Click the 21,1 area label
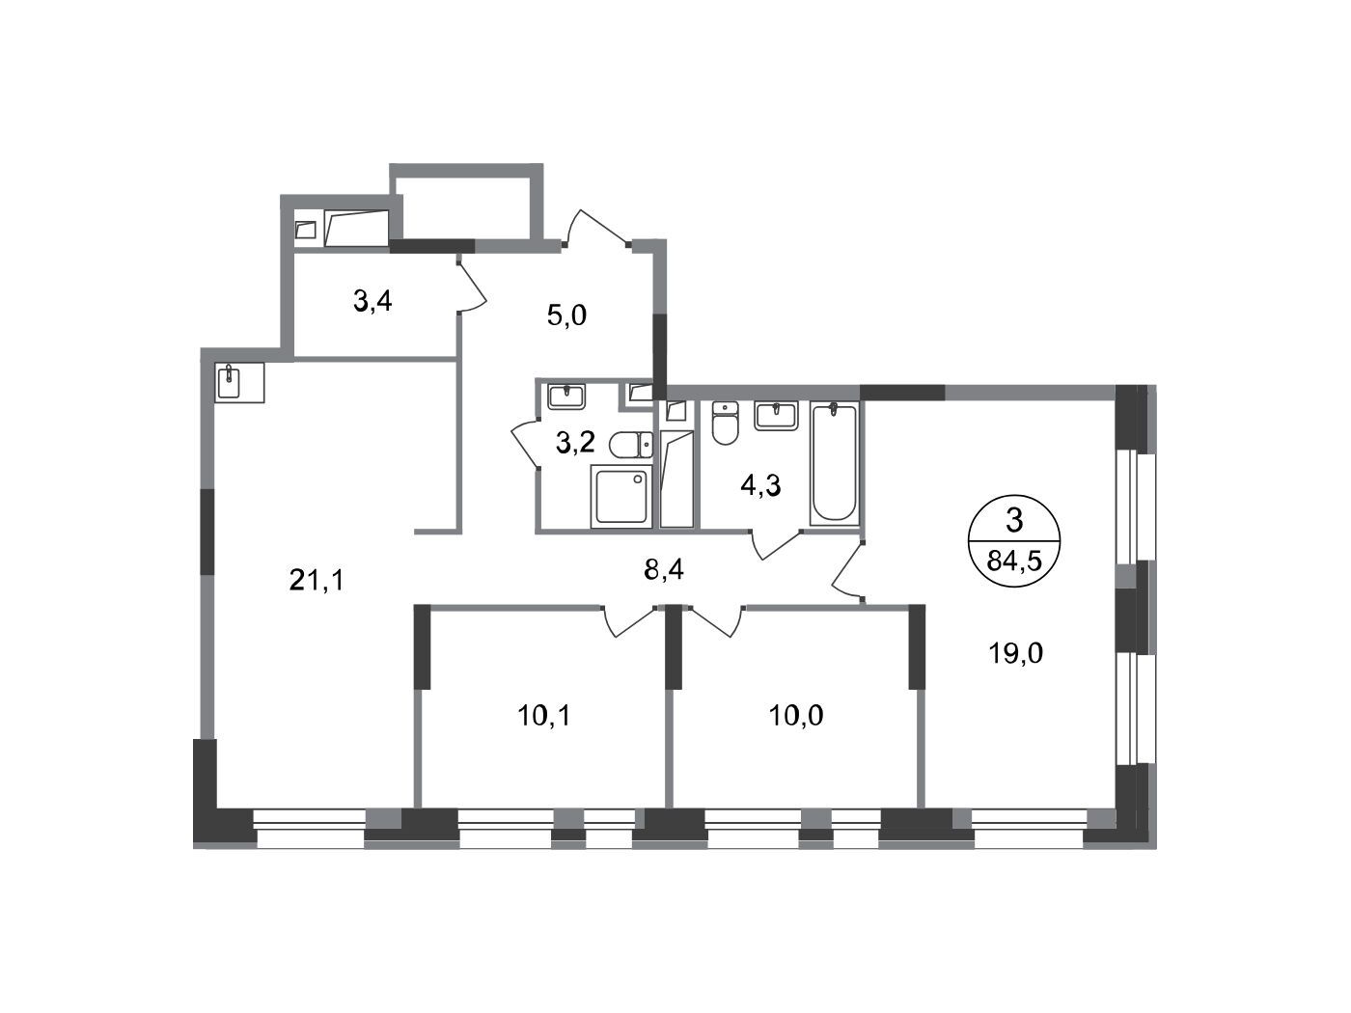[x=317, y=580]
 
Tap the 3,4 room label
[x=372, y=301]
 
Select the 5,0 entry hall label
[x=566, y=315]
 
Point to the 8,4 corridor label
[x=664, y=569]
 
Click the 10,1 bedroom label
[x=544, y=715]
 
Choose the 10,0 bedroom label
[x=796, y=715]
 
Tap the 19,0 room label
[x=1015, y=652]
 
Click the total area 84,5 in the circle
[x=1013, y=561]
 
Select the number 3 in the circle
[x=1013, y=520]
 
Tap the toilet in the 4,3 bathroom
[x=725, y=423]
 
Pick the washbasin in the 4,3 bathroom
[x=776, y=416]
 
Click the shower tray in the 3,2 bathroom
[x=621, y=496]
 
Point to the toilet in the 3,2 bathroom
[x=631, y=445]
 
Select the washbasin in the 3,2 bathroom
[x=566, y=397]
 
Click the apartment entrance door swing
[x=594, y=229]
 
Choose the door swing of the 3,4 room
[x=473, y=287]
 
